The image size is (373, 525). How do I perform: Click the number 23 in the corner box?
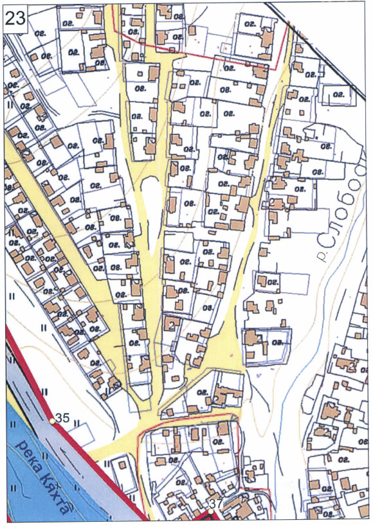(x=15, y=17)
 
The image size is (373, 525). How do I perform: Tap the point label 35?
(x=62, y=418)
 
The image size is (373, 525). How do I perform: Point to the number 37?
(x=217, y=504)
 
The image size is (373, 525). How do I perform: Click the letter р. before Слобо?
(x=321, y=255)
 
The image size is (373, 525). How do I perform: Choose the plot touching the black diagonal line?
(x=334, y=97)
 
